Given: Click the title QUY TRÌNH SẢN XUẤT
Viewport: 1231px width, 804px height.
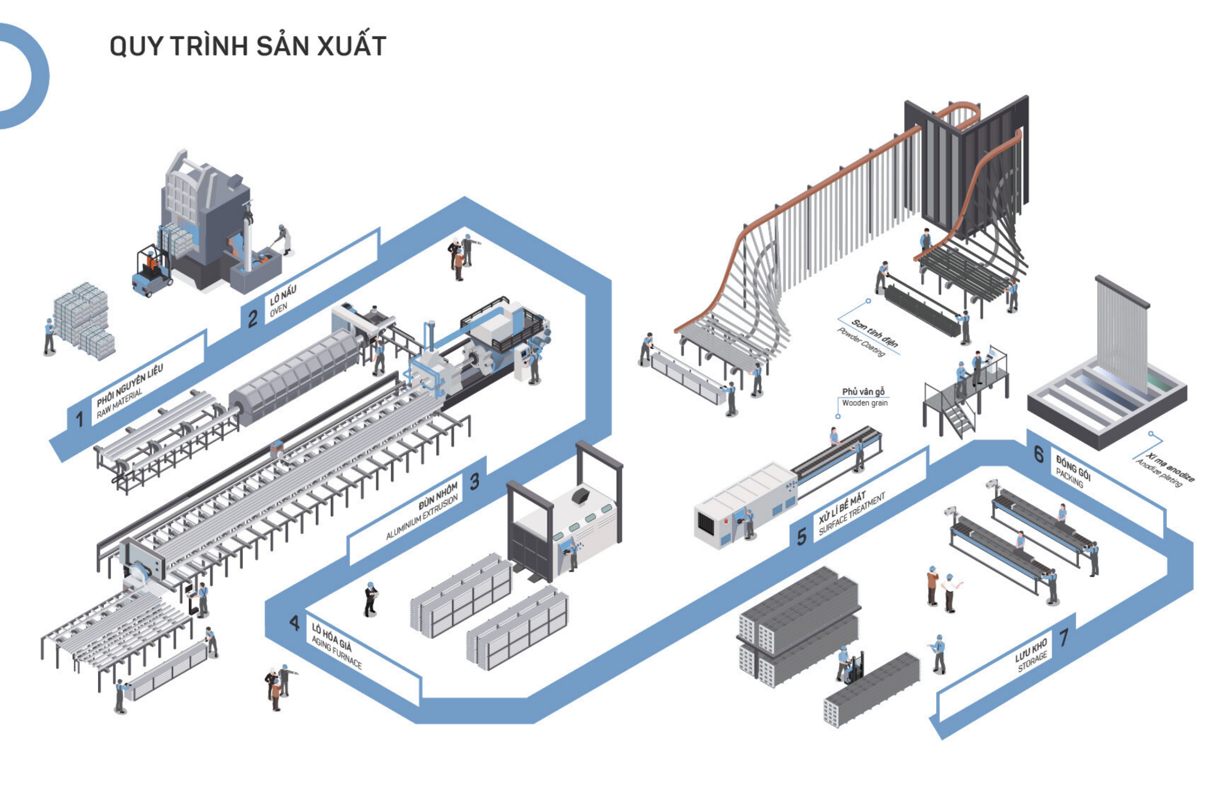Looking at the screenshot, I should pyautogui.click(x=247, y=46).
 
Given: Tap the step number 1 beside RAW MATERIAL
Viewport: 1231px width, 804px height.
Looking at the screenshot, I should pyautogui.click(x=80, y=419).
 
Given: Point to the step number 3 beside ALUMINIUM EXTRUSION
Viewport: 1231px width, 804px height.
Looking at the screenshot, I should pyautogui.click(x=474, y=482).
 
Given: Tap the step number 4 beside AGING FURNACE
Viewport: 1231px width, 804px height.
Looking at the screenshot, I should pyautogui.click(x=294, y=623).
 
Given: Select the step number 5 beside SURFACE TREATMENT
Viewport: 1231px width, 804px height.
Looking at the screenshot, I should pyautogui.click(x=801, y=536).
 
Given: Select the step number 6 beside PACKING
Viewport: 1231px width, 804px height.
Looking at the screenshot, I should pyautogui.click(x=1039, y=455).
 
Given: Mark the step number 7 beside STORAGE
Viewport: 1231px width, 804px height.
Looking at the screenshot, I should pyautogui.click(x=1064, y=637).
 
